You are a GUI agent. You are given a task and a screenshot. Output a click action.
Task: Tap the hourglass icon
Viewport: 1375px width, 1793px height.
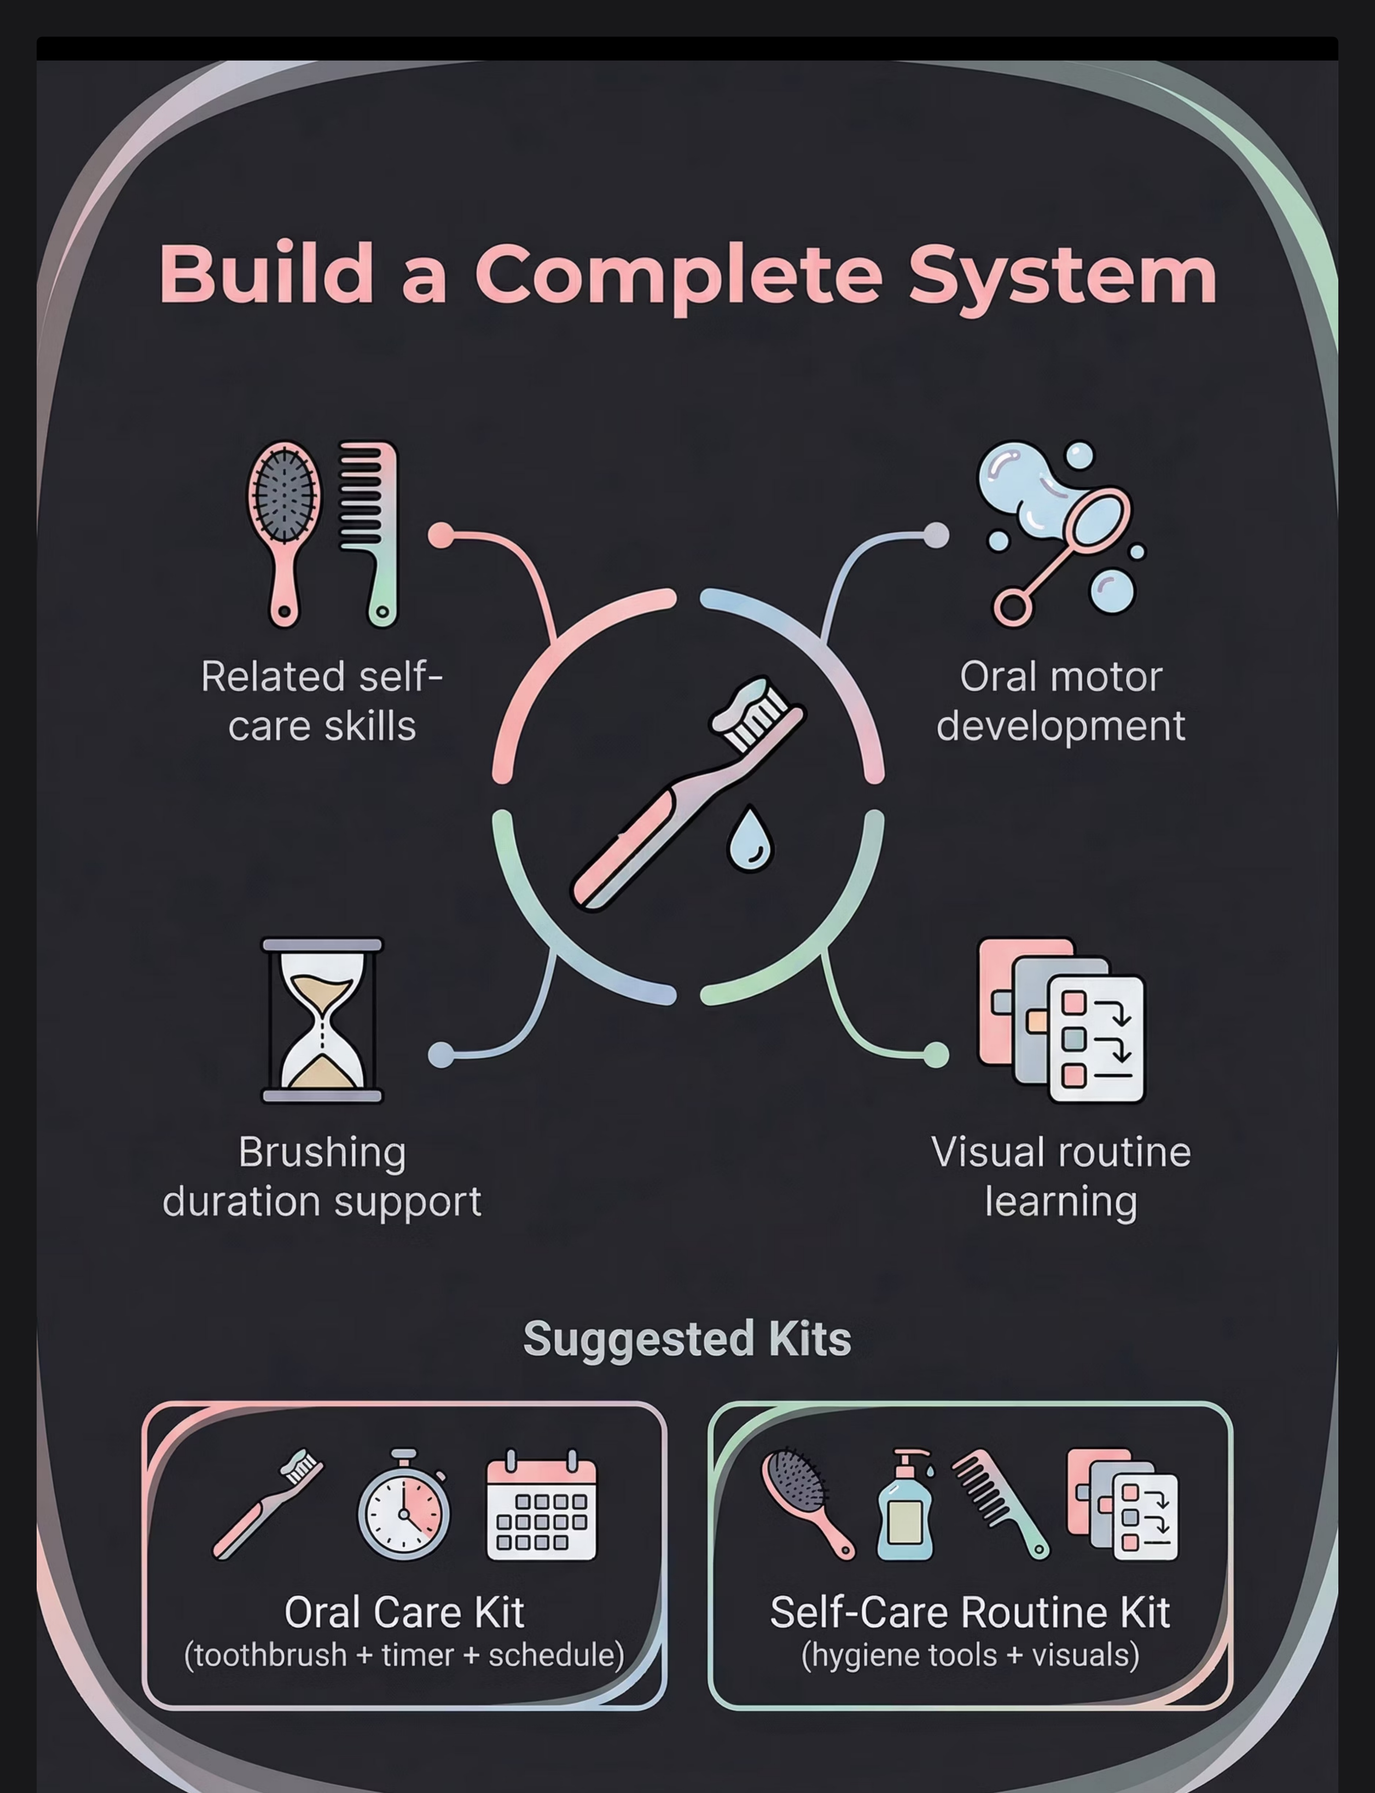[322, 1020]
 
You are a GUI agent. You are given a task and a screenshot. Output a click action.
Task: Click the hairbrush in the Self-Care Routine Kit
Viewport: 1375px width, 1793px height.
[806, 1502]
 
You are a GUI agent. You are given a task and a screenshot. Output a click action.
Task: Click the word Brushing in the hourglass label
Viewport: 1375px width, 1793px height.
[322, 1153]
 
